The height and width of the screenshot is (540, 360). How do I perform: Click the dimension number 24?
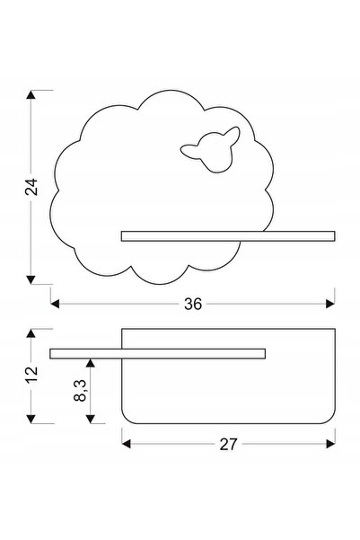[x=31, y=187]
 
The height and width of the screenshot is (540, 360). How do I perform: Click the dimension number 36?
[x=193, y=304]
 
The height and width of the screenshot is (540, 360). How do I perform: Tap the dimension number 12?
[x=31, y=375]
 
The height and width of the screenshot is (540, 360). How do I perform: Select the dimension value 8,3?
[x=80, y=391]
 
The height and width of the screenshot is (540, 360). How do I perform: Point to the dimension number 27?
[x=228, y=444]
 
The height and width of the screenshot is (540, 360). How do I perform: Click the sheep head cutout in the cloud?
[x=210, y=149]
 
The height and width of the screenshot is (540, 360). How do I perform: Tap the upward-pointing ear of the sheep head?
[x=233, y=134]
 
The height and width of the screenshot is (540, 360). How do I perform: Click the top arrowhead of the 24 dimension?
[x=31, y=94]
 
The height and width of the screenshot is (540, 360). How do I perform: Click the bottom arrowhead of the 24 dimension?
[x=31, y=279]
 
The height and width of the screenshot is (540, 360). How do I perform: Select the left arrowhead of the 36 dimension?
[x=55, y=304]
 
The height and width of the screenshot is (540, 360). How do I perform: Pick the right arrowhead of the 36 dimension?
[x=330, y=304]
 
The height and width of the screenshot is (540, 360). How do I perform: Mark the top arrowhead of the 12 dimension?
[x=31, y=333]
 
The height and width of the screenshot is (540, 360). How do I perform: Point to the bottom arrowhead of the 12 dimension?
[x=31, y=419]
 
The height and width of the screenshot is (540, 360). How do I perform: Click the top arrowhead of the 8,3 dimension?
[x=90, y=363]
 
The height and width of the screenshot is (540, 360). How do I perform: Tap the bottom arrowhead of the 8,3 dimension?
[x=90, y=419]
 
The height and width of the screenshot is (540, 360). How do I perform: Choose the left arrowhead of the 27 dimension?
[x=127, y=444]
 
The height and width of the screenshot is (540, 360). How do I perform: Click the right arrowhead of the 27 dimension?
[x=330, y=444]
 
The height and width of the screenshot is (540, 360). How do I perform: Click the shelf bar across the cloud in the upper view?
[x=228, y=236]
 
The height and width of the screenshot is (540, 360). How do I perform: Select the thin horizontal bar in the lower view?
[x=158, y=354]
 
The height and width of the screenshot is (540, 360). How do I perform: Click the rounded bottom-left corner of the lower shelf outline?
[x=126, y=420]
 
